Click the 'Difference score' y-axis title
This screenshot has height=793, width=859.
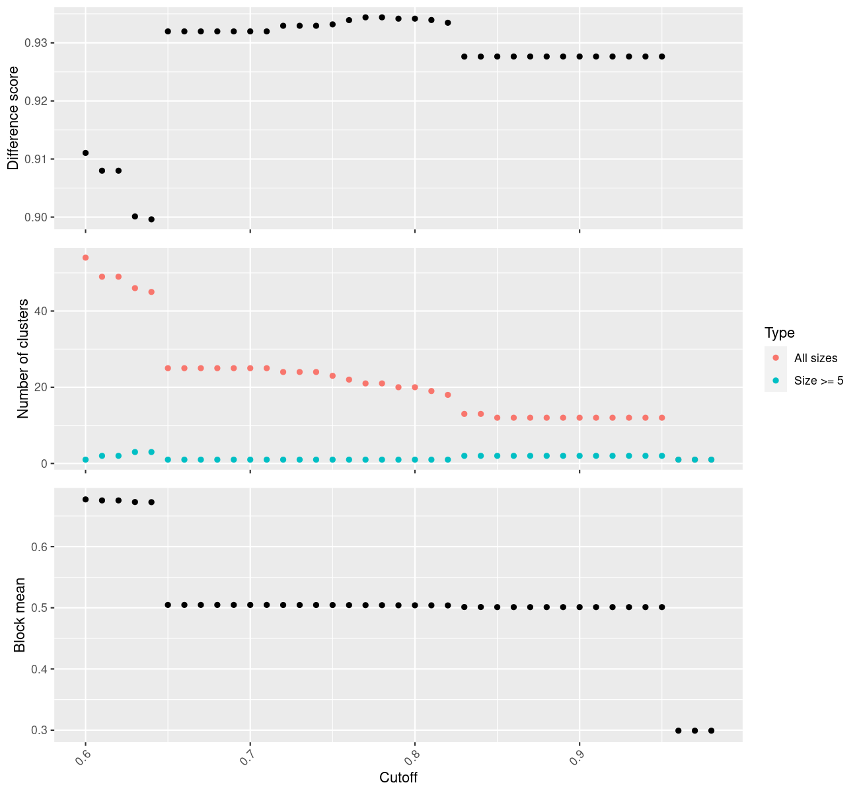click(x=13, y=118)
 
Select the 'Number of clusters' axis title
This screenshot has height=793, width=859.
click(x=23, y=359)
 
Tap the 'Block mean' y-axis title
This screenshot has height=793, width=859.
click(x=20, y=615)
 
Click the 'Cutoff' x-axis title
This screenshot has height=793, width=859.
click(x=398, y=777)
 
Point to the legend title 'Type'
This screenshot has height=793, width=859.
click(x=779, y=332)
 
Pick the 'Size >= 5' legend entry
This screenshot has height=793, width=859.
click(x=819, y=381)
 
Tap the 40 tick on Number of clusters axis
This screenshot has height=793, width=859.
click(x=41, y=311)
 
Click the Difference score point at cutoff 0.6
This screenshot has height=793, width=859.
click(x=85, y=153)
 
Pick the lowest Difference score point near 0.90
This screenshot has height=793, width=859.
click(x=151, y=219)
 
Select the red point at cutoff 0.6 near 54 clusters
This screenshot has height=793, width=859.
click(x=85, y=258)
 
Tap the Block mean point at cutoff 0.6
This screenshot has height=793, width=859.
click(x=85, y=500)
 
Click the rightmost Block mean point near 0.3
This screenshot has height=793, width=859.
click(x=711, y=730)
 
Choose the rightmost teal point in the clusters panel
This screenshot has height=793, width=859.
click(x=711, y=459)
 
